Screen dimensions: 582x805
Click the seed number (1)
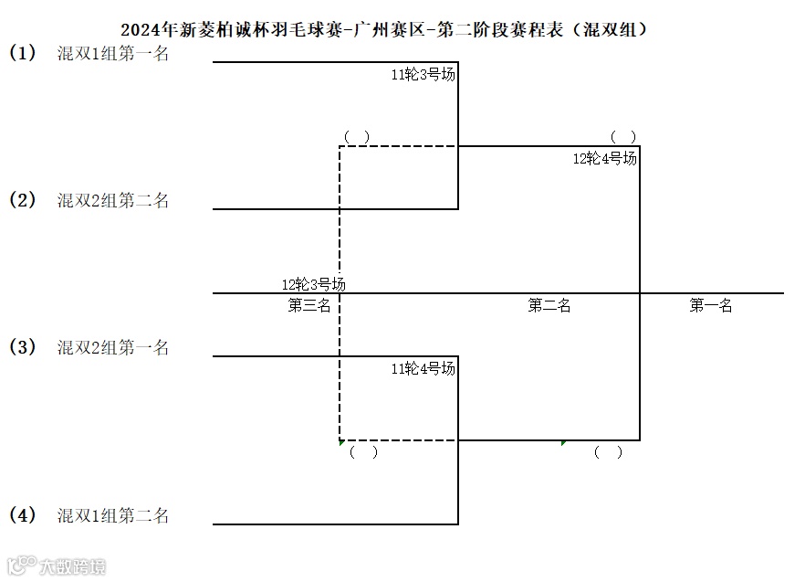pyautogui.click(x=23, y=53)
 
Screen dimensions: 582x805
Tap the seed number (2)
pyautogui.click(x=23, y=200)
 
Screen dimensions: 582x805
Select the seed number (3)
pyautogui.click(x=23, y=347)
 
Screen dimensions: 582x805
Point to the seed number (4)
pyautogui.click(x=23, y=515)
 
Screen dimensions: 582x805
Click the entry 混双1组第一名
pyautogui.click(x=113, y=53)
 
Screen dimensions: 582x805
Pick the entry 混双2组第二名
pyautogui.click(x=113, y=200)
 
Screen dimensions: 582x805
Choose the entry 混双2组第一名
pyautogui.click(x=113, y=347)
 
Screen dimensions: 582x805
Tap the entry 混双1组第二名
pyautogui.click(x=113, y=515)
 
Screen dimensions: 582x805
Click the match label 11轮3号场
pyautogui.click(x=423, y=75)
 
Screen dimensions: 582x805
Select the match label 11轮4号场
pyautogui.click(x=423, y=369)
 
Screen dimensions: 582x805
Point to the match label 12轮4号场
pyautogui.click(x=604, y=158)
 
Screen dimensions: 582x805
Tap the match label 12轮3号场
pyautogui.click(x=313, y=284)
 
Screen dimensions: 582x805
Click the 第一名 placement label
pyautogui.click(x=711, y=306)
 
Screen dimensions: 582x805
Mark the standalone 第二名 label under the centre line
pyautogui.click(x=549, y=306)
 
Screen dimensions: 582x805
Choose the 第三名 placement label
pyautogui.click(x=309, y=306)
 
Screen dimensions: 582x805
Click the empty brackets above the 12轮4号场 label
pyautogui.click(x=623, y=136)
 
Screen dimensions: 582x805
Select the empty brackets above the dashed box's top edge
pyautogui.click(x=357, y=136)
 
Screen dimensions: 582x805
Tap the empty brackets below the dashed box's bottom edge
pyautogui.click(x=363, y=451)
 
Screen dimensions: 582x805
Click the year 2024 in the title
pyautogui.click(x=140, y=29)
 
